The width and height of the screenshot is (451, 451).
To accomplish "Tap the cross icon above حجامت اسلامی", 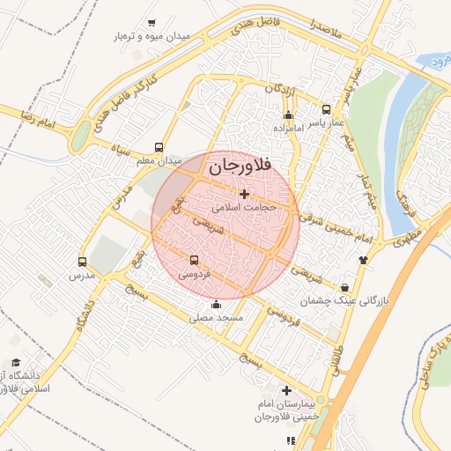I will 244,194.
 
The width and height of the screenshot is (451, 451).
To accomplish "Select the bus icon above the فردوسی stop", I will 195,261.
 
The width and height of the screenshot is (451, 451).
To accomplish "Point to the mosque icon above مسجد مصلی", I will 216,305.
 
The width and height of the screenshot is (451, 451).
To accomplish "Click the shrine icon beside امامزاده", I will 288,115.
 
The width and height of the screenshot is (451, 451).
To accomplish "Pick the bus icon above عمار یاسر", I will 327,110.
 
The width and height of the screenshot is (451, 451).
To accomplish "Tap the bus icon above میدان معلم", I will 159,148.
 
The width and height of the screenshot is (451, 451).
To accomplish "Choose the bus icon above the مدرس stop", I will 83,262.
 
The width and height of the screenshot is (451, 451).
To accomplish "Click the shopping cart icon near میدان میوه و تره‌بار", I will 152,23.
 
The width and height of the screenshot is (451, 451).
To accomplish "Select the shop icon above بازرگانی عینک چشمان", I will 344,287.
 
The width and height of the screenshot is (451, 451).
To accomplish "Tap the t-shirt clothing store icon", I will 363,260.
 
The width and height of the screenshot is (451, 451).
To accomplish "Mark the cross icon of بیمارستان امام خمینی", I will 286,389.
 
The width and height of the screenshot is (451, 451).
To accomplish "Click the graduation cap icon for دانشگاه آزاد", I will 15,362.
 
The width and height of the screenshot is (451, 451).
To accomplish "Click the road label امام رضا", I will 41,120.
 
